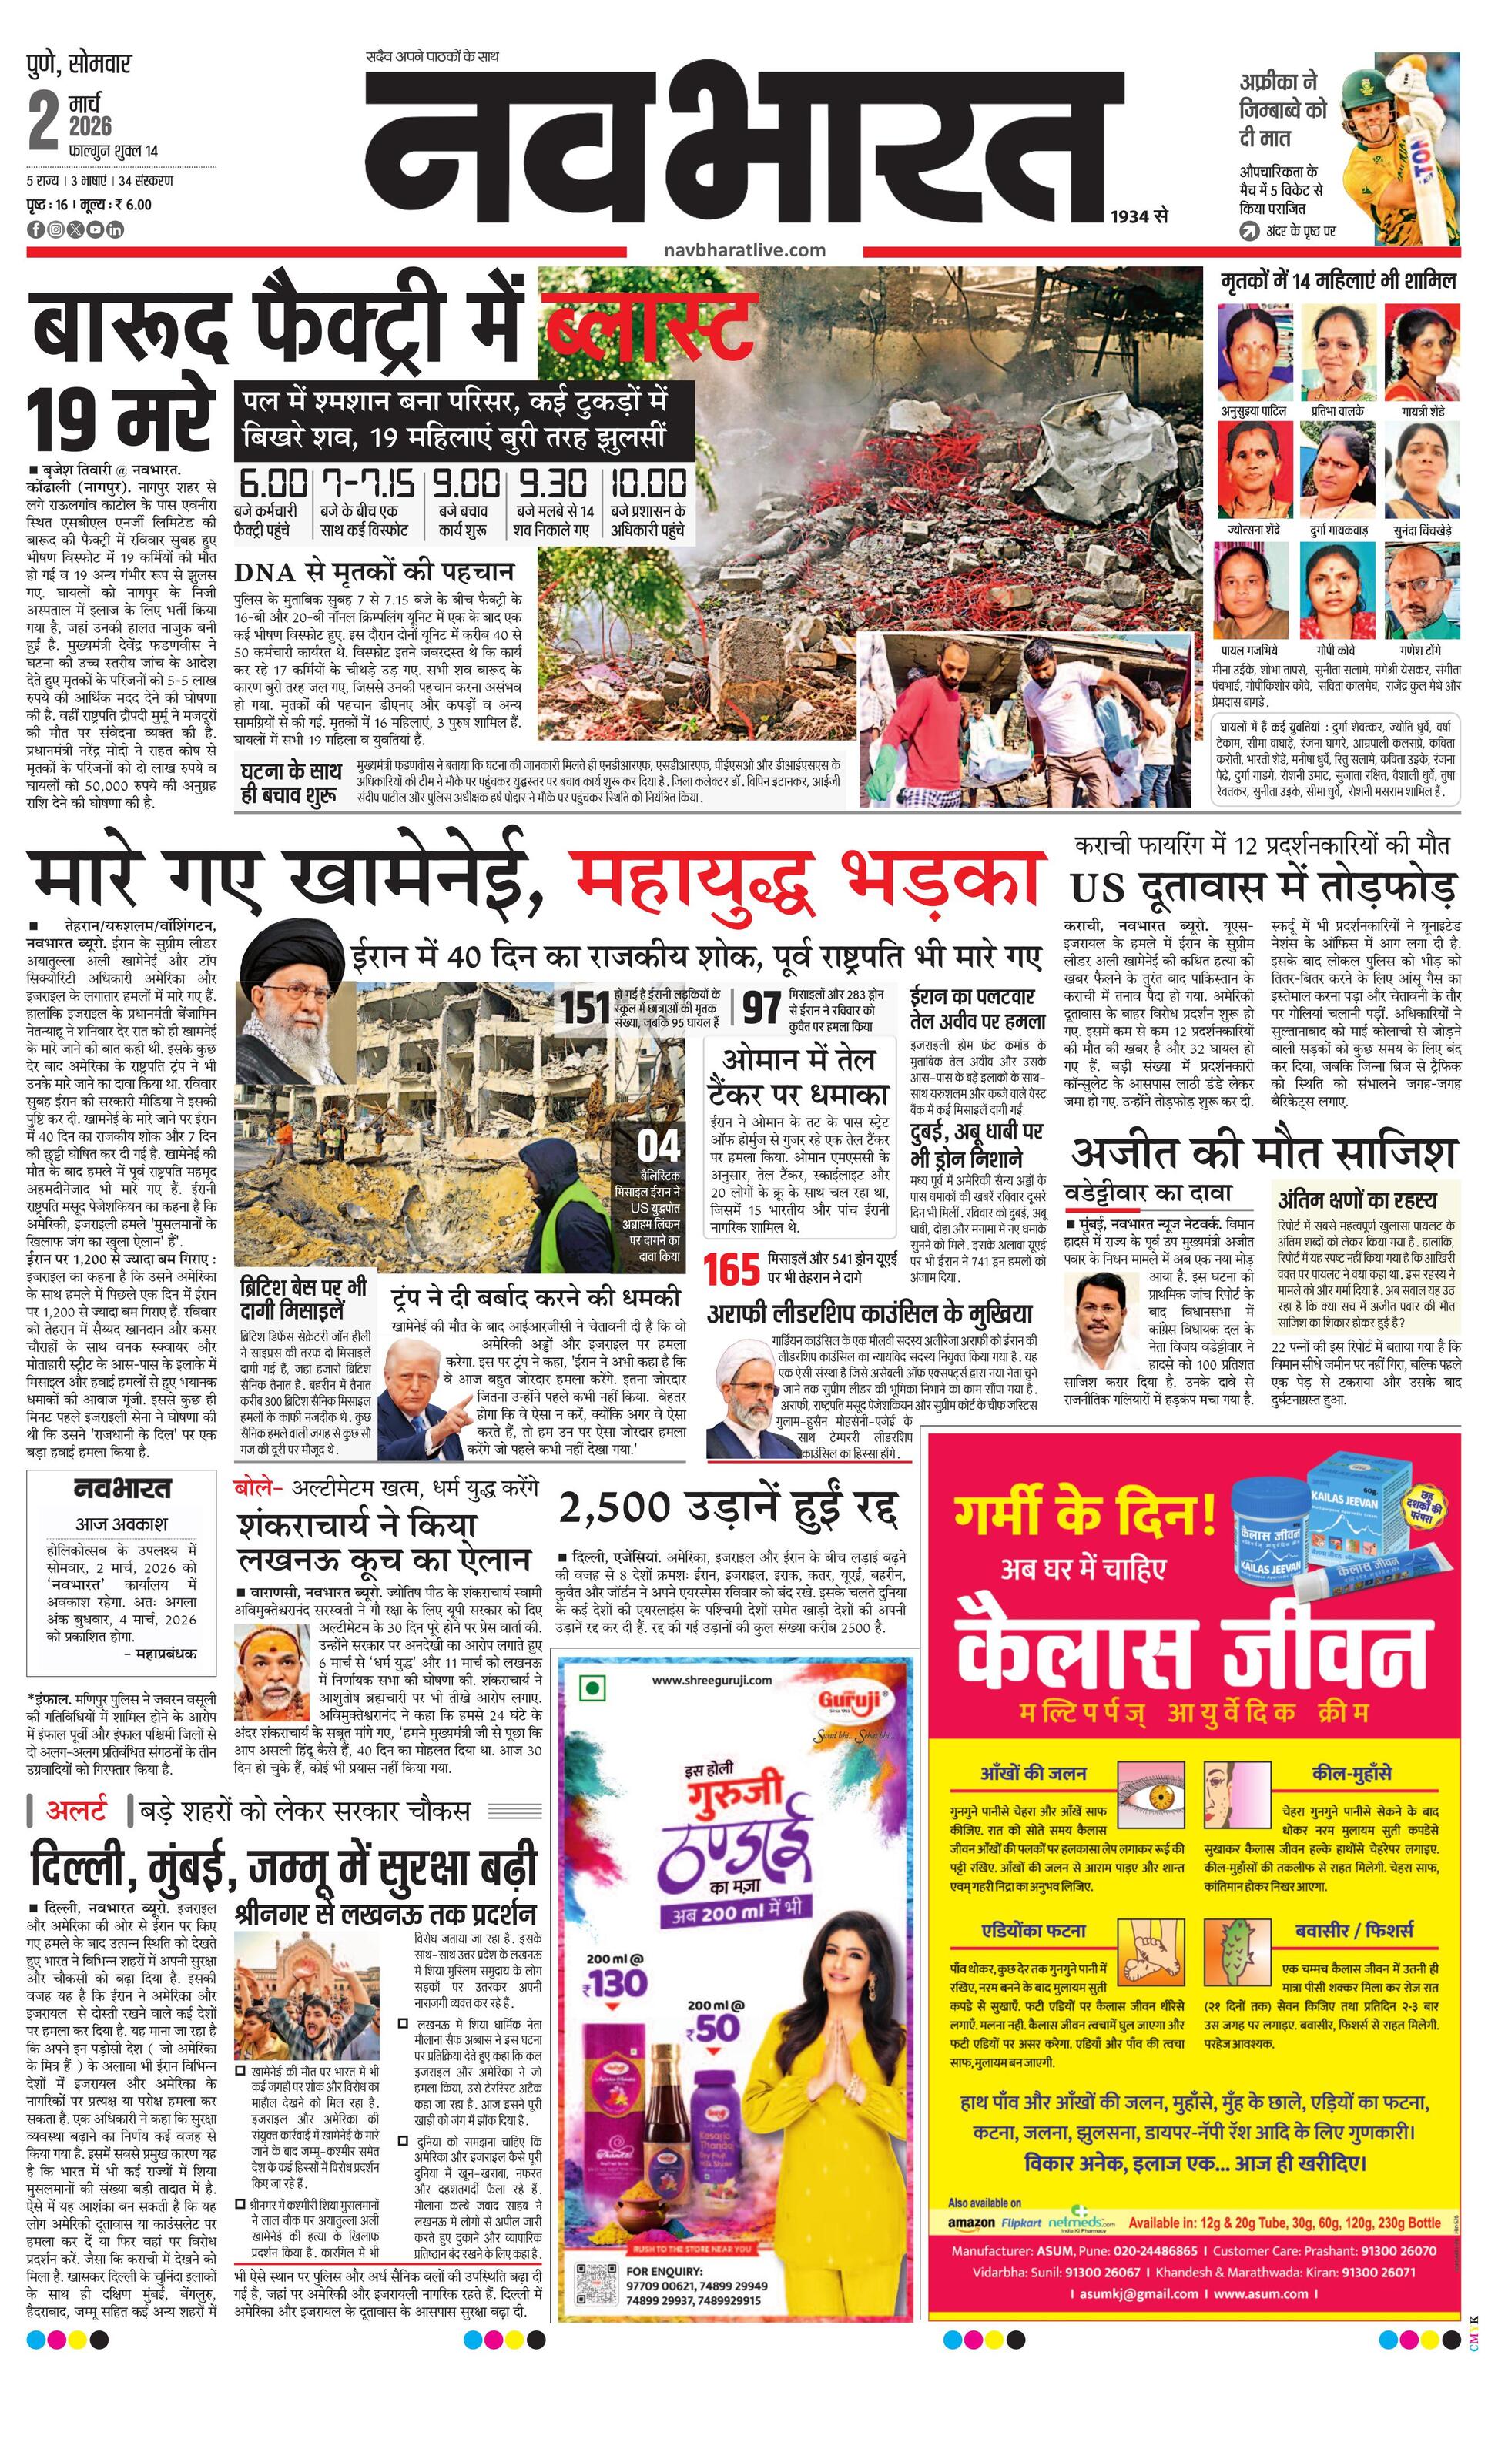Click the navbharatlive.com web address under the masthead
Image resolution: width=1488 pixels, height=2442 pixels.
pyautogui.click(x=745, y=249)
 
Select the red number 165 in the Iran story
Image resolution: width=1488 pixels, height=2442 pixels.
pyautogui.click(x=732, y=1270)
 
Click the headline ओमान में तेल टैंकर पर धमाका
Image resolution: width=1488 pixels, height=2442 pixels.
pyautogui.click(x=798, y=1076)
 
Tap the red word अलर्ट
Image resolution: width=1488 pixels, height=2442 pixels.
pyautogui.click(x=76, y=1811)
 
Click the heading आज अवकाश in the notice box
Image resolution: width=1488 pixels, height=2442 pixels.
pyautogui.click(x=122, y=1524)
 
